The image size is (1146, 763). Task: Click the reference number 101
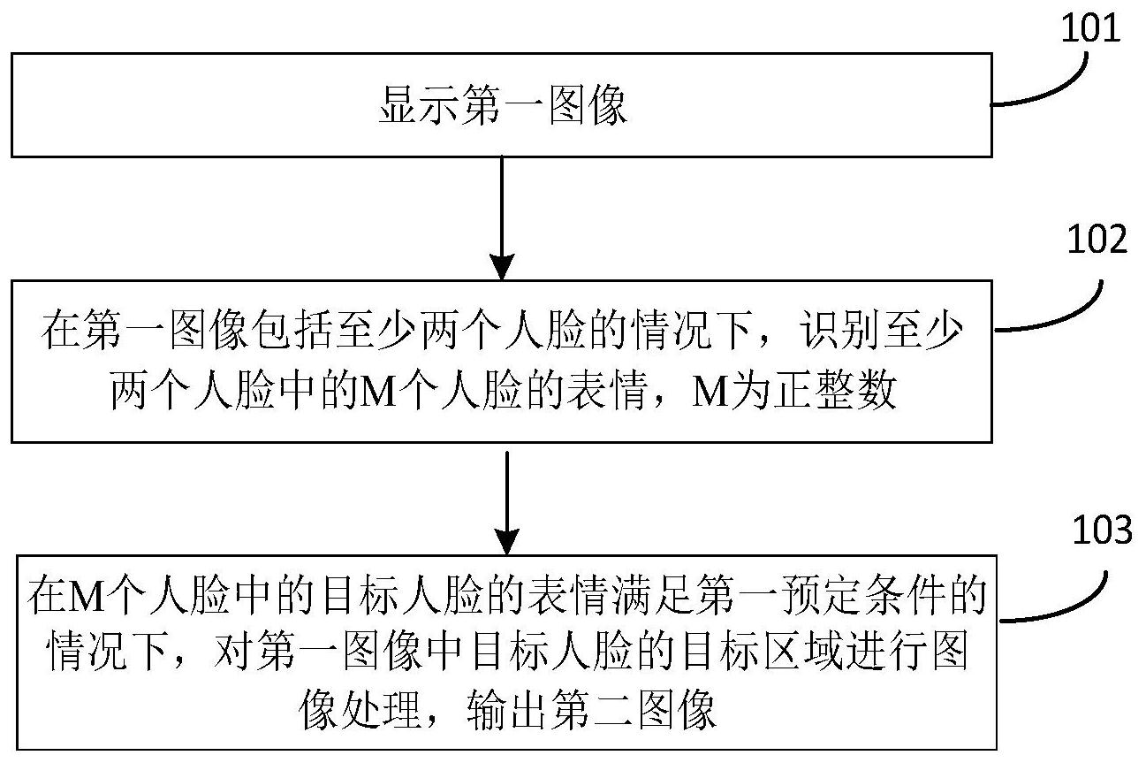(1090, 28)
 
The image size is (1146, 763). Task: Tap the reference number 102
(1097, 240)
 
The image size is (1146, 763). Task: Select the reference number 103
(1102, 530)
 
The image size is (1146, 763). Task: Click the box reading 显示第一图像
(501, 105)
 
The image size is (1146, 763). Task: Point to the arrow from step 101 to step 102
(502, 218)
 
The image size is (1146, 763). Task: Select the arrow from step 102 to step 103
(506, 503)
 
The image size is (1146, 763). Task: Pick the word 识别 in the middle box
(840, 331)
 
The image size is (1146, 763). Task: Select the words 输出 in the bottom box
(507, 711)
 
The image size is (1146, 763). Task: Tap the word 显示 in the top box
(419, 105)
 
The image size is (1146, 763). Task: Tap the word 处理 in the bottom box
(380, 711)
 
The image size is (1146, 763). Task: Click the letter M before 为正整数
(710, 392)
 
